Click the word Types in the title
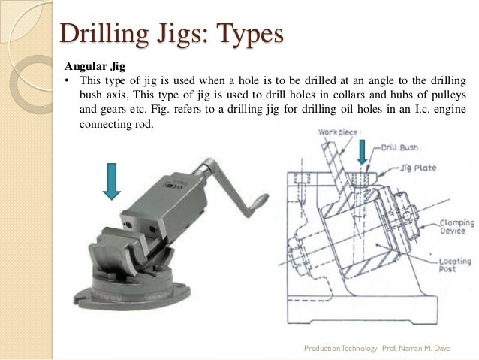pos(250,35)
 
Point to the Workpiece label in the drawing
pos(339,132)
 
